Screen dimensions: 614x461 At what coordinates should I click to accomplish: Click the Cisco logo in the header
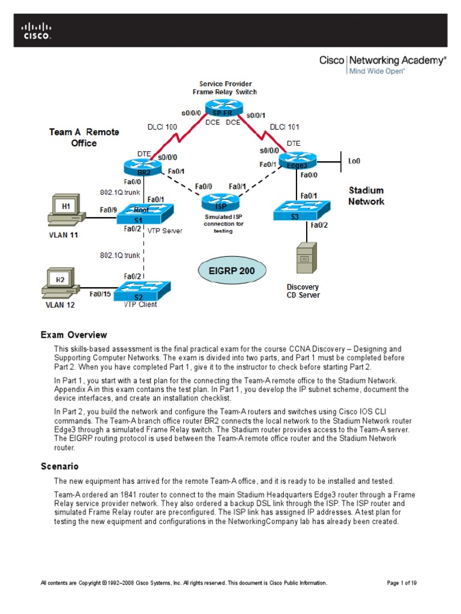pyautogui.click(x=37, y=31)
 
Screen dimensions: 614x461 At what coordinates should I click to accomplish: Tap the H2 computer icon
pyautogui.click(x=60, y=284)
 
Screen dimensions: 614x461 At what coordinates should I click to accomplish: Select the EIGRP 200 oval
pyautogui.click(x=231, y=270)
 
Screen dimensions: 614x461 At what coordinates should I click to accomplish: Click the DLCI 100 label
pyautogui.click(x=163, y=127)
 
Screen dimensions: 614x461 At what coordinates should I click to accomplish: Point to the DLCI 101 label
pyautogui.click(x=285, y=127)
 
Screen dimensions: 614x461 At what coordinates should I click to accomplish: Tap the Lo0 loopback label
pyautogui.click(x=355, y=161)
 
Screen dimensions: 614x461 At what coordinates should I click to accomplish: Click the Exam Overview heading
pyautogui.click(x=73, y=335)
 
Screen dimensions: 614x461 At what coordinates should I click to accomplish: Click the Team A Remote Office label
pyautogui.click(x=84, y=137)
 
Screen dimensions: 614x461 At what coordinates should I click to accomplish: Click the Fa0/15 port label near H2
pyautogui.click(x=100, y=294)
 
